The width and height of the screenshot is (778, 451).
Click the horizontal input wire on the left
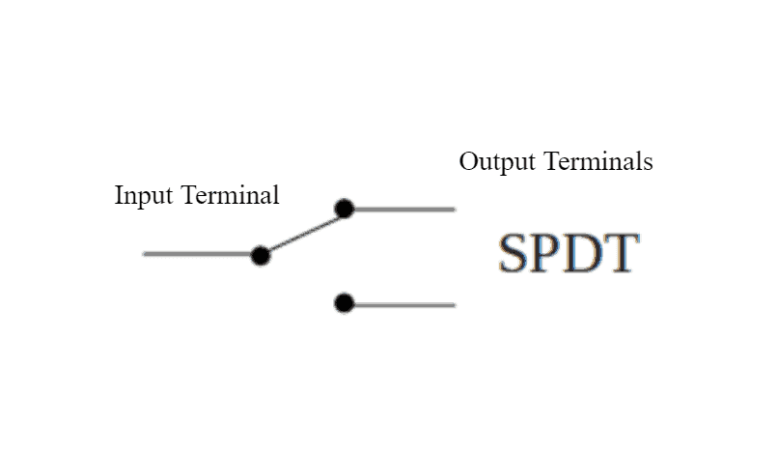click(198, 254)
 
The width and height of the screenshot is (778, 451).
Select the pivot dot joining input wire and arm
click(260, 255)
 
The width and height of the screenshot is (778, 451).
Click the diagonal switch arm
click(301, 232)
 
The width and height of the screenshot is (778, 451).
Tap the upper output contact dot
click(344, 209)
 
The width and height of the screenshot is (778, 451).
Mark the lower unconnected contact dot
click(344, 304)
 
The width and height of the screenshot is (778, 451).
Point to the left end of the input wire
click(146, 254)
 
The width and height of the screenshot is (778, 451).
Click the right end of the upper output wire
click(452, 209)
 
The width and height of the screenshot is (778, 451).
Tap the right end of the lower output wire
click(452, 304)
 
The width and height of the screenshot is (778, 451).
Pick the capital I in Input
click(119, 196)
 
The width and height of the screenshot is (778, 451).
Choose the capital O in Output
click(468, 161)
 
